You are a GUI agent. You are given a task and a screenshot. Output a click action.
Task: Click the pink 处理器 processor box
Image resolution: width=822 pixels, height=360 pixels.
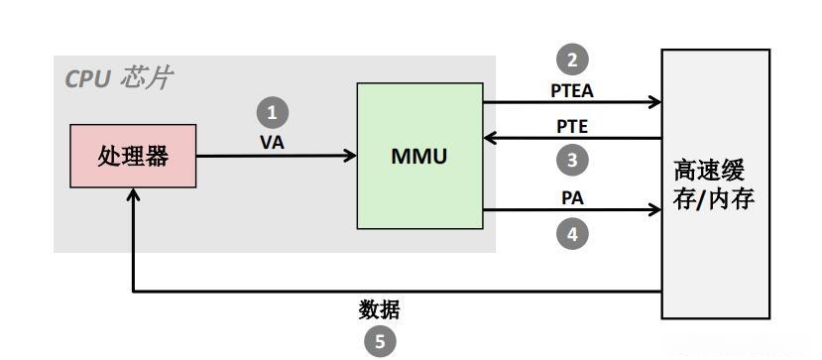tap(133, 156)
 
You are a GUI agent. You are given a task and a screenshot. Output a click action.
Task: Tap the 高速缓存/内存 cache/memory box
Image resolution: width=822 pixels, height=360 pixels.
tap(715, 183)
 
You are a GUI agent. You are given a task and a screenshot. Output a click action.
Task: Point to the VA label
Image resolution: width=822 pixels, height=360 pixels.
tap(272, 142)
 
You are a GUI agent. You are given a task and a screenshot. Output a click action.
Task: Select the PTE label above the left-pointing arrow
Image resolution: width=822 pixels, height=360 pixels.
tap(571, 126)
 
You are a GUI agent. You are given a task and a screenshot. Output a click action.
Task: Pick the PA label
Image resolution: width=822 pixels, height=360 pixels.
tap(572, 197)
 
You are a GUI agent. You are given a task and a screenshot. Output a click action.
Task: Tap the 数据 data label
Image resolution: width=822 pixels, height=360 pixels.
tap(380, 310)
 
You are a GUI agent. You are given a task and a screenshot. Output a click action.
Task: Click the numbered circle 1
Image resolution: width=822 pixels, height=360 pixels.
tap(273, 112)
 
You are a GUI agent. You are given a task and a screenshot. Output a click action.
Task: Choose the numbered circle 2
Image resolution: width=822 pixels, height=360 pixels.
tap(571, 59)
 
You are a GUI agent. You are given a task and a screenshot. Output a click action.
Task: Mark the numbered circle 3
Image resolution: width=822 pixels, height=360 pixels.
tap(571, 158)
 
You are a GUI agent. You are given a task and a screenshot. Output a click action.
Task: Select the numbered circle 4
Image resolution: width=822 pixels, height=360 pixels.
tap(572, 233)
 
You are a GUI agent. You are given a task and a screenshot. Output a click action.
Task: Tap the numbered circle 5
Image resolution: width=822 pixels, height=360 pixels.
tap(380, 341)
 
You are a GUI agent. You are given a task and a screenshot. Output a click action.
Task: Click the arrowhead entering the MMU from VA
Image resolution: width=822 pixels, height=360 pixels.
tap(350, 156)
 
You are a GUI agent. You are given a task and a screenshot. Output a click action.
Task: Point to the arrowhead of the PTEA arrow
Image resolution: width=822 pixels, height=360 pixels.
tap(654, 101)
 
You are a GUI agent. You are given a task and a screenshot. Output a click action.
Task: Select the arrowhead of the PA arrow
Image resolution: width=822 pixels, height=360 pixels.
tap(654, 210)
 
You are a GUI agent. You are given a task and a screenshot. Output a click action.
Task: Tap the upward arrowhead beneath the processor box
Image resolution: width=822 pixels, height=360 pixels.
tap(133, 195)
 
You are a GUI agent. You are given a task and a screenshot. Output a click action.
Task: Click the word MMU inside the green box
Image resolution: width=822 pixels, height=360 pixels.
tap(419, 156)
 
